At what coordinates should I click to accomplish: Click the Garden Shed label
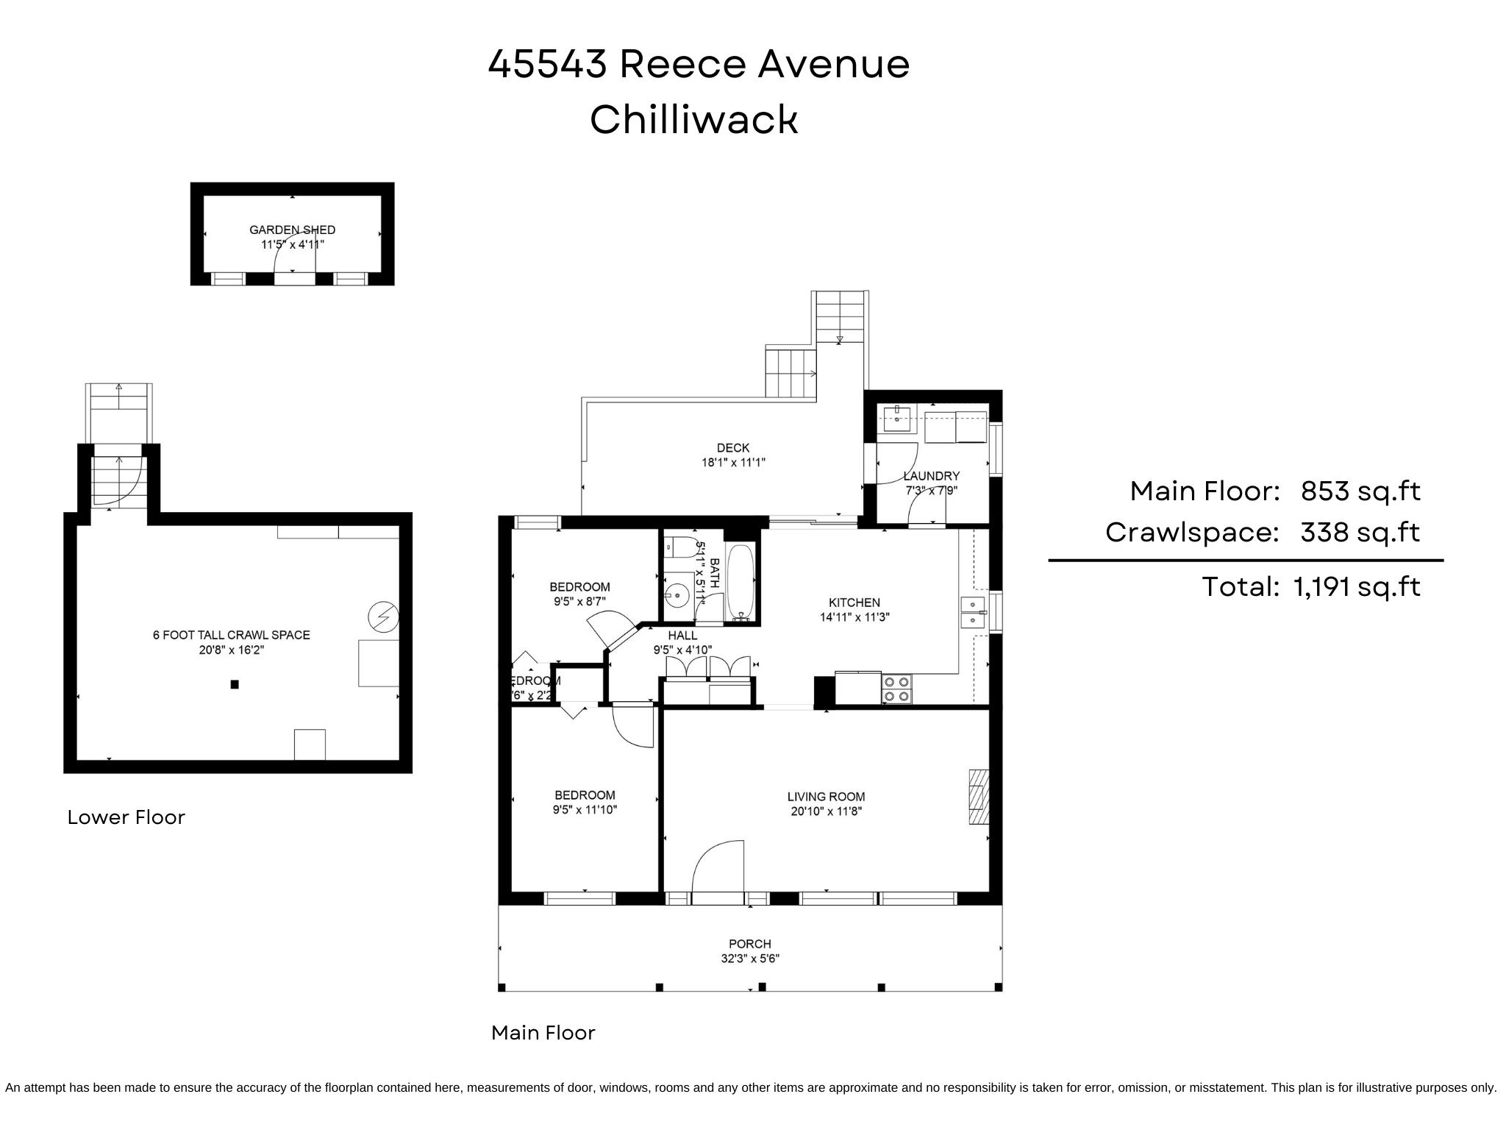point(292,230)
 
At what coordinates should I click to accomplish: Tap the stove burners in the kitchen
point(896,689)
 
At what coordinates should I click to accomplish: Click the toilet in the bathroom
point(678,547)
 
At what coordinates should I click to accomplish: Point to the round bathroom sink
point(676,594)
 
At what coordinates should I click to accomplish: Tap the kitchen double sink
point(972,612)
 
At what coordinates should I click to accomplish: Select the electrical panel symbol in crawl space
point(382,617)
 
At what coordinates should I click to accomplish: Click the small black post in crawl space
point(235,684)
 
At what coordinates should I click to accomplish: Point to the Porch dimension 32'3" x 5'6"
point(750,959)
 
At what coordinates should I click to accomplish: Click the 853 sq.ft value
point(1360,491)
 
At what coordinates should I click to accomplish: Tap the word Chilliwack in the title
point(693,119)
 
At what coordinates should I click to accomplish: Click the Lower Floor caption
point(126,817)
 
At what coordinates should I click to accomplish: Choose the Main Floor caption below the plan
point(543,1033)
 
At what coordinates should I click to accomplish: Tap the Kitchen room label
point(854,603)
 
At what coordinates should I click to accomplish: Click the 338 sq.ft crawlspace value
point(1360,532)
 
